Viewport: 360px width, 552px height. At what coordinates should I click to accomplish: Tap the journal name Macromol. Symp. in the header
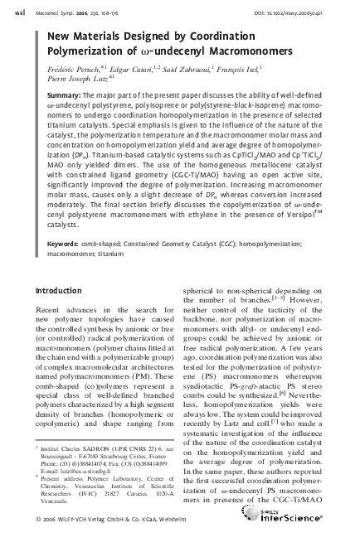[x=57, y=11]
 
